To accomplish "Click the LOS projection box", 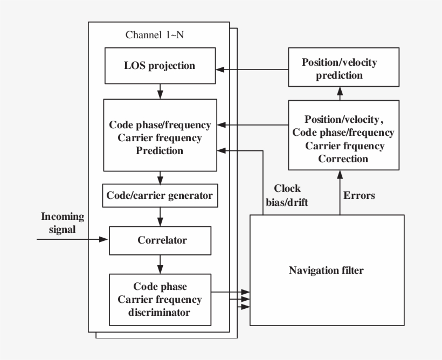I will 160,66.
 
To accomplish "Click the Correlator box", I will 160,240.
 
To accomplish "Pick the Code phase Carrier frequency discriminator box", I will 160,300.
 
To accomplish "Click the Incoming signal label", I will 63,223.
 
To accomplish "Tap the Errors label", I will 360,196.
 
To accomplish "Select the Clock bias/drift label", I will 287,195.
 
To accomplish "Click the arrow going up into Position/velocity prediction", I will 340,94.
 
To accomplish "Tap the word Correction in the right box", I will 343,159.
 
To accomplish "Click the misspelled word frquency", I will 360,146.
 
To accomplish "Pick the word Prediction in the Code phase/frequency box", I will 160,151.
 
